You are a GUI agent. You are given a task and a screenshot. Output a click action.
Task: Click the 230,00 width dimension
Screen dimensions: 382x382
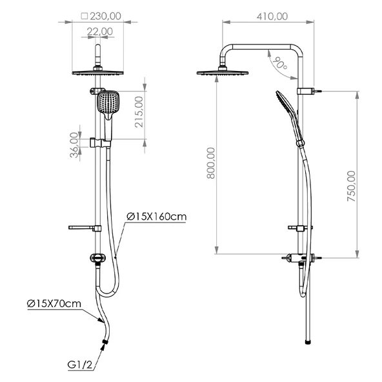tap(105, 16)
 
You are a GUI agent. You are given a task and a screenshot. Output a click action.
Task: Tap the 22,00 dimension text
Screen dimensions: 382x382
tap(100, 32)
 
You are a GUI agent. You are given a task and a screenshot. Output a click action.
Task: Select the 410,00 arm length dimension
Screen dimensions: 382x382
tap(272, 16)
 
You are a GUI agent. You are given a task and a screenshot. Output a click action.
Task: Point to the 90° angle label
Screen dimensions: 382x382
tap(280, 63)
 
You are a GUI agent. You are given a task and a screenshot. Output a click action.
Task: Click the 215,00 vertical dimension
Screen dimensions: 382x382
tap(139, 112)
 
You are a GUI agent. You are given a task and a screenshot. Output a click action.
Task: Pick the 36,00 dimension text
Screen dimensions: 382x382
tap(74, 145)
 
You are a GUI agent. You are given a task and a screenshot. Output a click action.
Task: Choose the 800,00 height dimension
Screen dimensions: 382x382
tap(211, 163)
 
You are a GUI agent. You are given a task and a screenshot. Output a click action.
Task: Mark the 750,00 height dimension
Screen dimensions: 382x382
tap(351, 186)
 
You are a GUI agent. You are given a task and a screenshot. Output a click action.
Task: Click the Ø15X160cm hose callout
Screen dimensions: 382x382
tap(157, 216)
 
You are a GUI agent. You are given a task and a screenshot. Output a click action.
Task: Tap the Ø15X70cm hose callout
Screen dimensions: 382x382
tap(54, 303)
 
